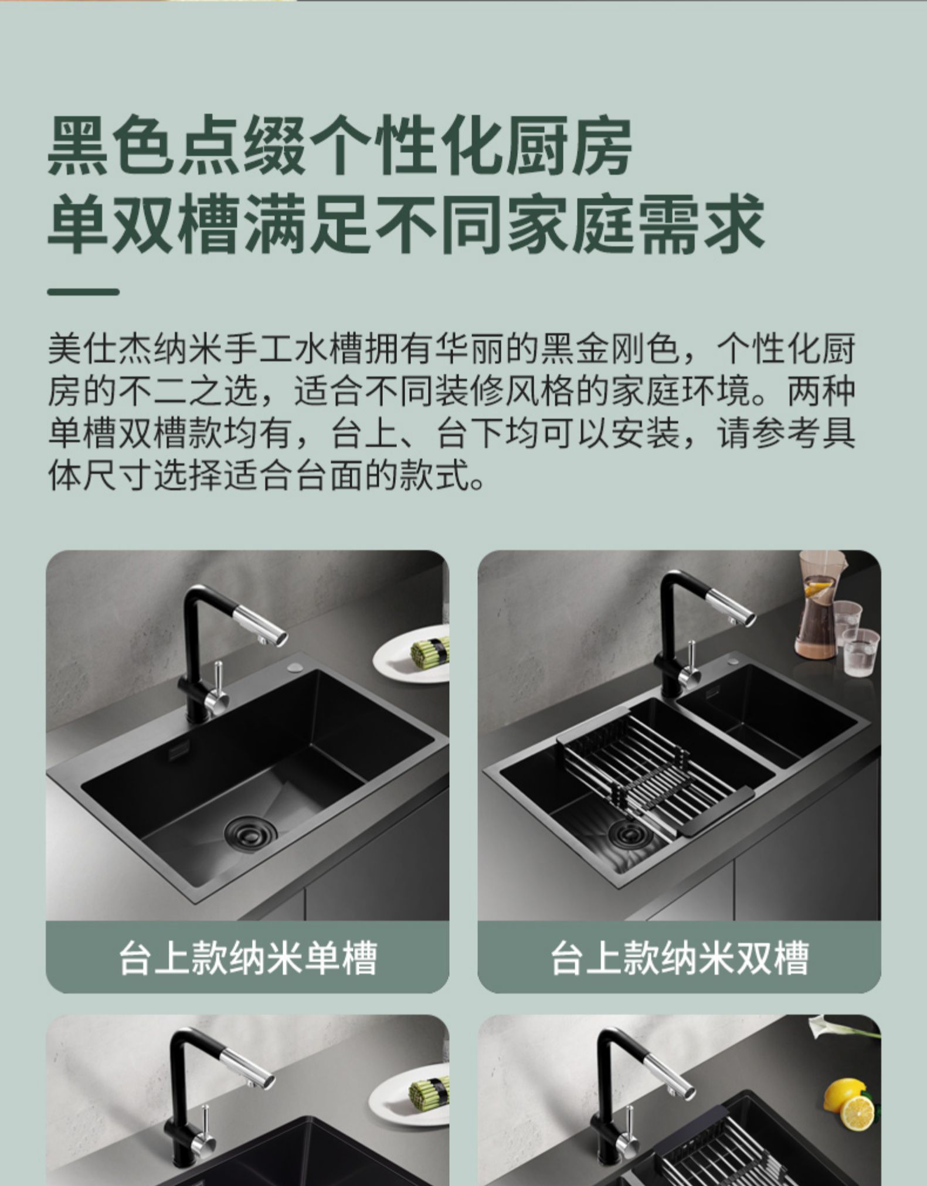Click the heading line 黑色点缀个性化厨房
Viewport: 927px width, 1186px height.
click(x=340, y=147)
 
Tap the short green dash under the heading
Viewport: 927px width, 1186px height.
click(x=83, y=291)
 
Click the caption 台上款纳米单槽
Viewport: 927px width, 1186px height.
click(x=247, y=959)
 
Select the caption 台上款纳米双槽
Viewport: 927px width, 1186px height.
click(x=679, y=959)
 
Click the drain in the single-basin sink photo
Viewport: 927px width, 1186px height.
click(x=251, y=828)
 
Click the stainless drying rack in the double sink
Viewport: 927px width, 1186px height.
click(x=651, y=768)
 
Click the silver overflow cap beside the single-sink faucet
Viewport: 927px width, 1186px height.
click(x=294, y=668)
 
